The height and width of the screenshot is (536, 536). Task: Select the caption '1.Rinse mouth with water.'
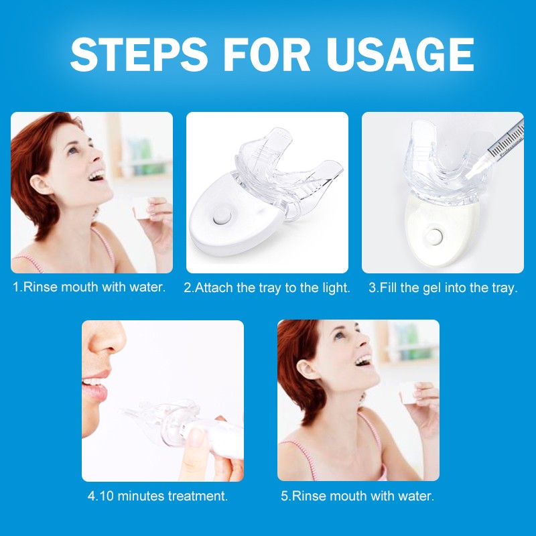89,287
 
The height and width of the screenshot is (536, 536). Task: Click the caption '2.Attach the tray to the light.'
267,287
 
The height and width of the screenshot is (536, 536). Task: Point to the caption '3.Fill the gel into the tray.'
443,287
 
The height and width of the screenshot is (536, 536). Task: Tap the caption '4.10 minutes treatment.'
157,496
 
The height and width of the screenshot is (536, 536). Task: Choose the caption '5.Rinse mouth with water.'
357,496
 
